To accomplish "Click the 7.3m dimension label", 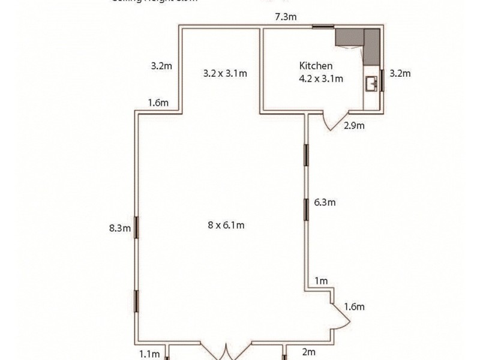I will tap(286, 17).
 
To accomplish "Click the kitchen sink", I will tap(371, 84).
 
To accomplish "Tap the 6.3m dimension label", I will tap(325, 202).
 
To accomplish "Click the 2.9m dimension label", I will tap(354, 125).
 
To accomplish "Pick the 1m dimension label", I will tap(321, 281).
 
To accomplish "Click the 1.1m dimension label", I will tap(150, 354).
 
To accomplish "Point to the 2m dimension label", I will tap(308, 353).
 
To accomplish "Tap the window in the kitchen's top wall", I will tap(323, 26).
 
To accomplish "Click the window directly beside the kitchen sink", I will tap(381, 81).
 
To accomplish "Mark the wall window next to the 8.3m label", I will tap(136, 228).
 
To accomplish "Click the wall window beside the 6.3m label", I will tap(307, 208).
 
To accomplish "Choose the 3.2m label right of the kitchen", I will tap(400, 74).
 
